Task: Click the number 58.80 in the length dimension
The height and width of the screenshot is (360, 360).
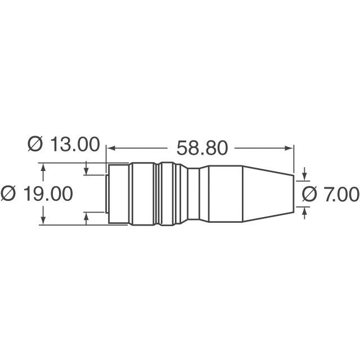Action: point(202,148)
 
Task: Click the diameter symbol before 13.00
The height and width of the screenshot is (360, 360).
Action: point(35,145)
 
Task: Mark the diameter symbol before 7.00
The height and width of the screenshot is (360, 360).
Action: point(310,194)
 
